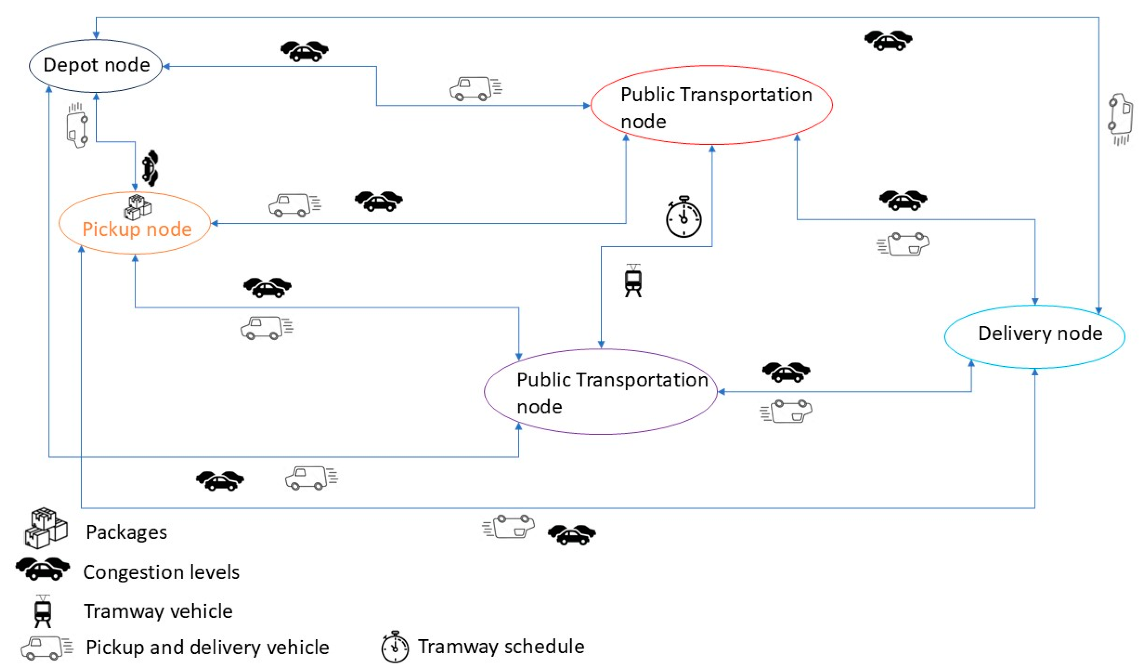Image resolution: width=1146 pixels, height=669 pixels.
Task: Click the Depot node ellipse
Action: (96, 66)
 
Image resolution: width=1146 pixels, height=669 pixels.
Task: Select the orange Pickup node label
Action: (137, 229)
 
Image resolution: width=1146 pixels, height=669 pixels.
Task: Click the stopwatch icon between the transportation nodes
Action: (683, 217)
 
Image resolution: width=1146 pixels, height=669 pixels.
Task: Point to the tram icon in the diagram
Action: (633, 281)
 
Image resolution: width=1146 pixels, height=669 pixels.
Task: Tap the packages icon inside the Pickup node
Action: (137, 207)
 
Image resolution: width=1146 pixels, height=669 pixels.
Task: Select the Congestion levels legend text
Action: (161, 572)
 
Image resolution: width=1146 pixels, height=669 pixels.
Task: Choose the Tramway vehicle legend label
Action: (158, 611)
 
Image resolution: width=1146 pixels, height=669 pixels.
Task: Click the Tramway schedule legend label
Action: (501, 646)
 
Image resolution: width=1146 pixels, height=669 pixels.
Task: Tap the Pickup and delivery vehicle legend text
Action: (207, 647)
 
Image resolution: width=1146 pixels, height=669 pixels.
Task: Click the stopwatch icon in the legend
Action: (395, 646)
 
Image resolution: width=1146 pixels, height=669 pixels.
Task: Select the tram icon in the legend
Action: (43, 611)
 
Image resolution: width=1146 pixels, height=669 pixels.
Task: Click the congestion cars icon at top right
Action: (888, 40)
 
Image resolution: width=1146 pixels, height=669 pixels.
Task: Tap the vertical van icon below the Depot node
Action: (77, 126)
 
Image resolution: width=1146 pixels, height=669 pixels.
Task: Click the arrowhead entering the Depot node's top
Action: (96, 35)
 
